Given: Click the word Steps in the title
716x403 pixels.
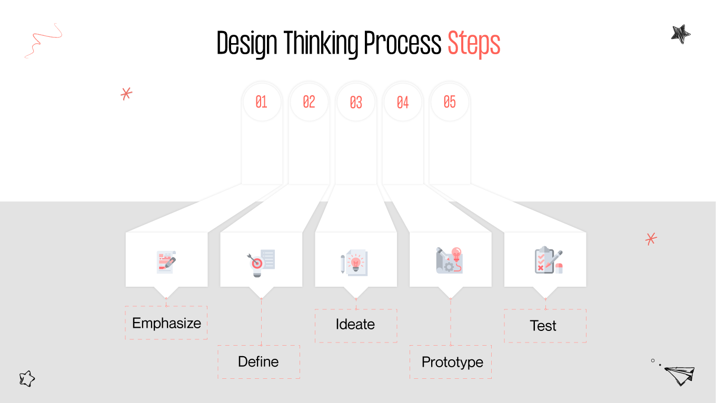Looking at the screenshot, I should pos(474,43).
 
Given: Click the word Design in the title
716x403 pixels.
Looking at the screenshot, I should pos(246,43).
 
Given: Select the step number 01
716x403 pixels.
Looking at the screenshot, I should pos(261,102).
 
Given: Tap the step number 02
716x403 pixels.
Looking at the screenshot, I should pos(309,102).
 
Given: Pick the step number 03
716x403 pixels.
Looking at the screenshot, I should pos(356,102).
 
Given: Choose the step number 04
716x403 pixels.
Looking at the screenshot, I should pos(403,102).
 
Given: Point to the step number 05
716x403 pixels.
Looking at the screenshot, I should pos(450,102).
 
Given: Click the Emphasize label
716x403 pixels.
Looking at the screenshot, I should pos(166,323).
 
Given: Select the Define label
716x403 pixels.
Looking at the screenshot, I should pos(258,361).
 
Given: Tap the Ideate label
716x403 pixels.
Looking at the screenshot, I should pos(355,324).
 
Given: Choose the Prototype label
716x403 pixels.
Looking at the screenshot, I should pos(452,362).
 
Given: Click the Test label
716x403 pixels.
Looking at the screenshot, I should pos(543,326).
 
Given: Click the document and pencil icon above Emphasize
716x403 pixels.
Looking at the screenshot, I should pos(166,261).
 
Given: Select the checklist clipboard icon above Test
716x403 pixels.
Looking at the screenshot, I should pos(548,260).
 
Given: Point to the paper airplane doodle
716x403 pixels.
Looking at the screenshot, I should pos(679,375).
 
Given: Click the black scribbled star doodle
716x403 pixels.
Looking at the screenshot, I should pos(680,34).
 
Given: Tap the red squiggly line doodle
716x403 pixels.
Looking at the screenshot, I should pos(43,41).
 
